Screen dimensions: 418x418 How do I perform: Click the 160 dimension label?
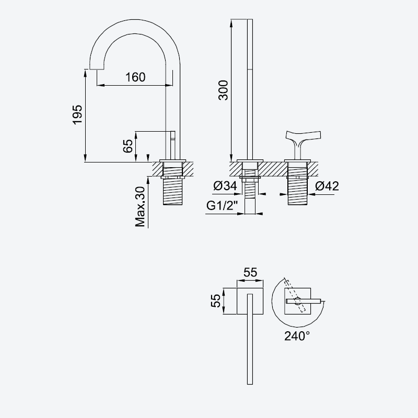click(135, 77)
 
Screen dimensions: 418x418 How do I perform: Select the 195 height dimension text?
click(77, 114)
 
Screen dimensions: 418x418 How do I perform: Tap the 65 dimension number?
click(128, 146)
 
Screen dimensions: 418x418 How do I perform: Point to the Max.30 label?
click(140, 207)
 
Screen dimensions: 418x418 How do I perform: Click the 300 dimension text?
click(224, 90)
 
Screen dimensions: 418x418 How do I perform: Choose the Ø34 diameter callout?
click(225, 186)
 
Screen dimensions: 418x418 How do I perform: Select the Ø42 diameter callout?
click(327, 186)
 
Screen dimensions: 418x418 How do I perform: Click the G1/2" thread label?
click(222, 205)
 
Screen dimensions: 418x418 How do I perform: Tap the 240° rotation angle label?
click(297, 336)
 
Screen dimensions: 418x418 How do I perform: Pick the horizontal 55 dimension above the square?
click(250, 272)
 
